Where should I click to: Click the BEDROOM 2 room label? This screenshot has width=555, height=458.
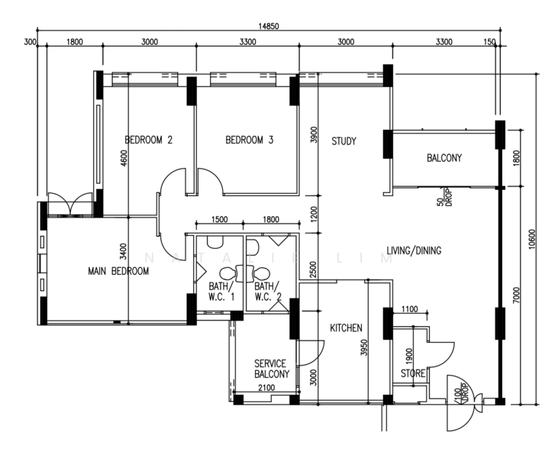click(149, 140)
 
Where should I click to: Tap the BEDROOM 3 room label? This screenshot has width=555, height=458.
click(250, 140)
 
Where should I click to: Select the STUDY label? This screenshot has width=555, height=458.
click(344, 141)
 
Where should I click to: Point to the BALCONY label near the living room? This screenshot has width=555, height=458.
click(444, 157)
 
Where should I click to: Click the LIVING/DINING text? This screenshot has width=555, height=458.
click(414, 250)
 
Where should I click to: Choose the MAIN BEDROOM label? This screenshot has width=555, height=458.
click(118, 271)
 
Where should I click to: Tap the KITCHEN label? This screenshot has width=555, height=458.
click(346, 328)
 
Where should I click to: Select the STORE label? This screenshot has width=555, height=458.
click(413, 373)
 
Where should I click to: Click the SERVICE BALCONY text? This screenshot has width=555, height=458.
click(272, 369)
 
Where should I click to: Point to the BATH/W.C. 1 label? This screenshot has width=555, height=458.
click(221, 292)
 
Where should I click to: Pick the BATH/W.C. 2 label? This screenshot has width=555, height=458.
click(268, 292)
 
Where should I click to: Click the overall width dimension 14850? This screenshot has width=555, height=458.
click(269, 26)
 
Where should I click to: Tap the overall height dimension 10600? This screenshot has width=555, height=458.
click(532, 239)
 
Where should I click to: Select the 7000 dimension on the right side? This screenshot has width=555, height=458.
click(517, 295)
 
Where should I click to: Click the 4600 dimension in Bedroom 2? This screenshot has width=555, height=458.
click(124, 158)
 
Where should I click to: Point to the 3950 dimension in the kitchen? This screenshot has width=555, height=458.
click(364, 347)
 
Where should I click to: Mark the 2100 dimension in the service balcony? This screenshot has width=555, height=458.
click(266, 388)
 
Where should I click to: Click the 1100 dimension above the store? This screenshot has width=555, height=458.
click(409, 309)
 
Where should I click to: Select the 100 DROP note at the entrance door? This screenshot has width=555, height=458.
click(462, 393)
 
